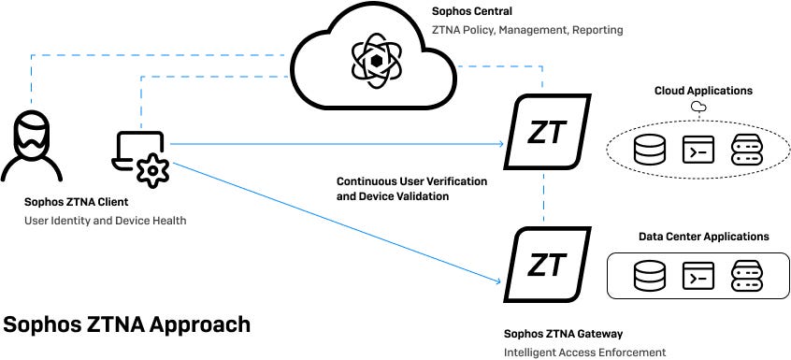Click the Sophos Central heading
472,12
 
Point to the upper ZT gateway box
546,133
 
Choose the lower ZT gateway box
546,265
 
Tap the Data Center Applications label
703,237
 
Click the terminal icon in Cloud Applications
698,150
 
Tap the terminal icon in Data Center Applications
698,276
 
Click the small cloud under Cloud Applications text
697,108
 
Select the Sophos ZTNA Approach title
127,324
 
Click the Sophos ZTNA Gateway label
563,333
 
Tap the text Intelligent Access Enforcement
584,353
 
